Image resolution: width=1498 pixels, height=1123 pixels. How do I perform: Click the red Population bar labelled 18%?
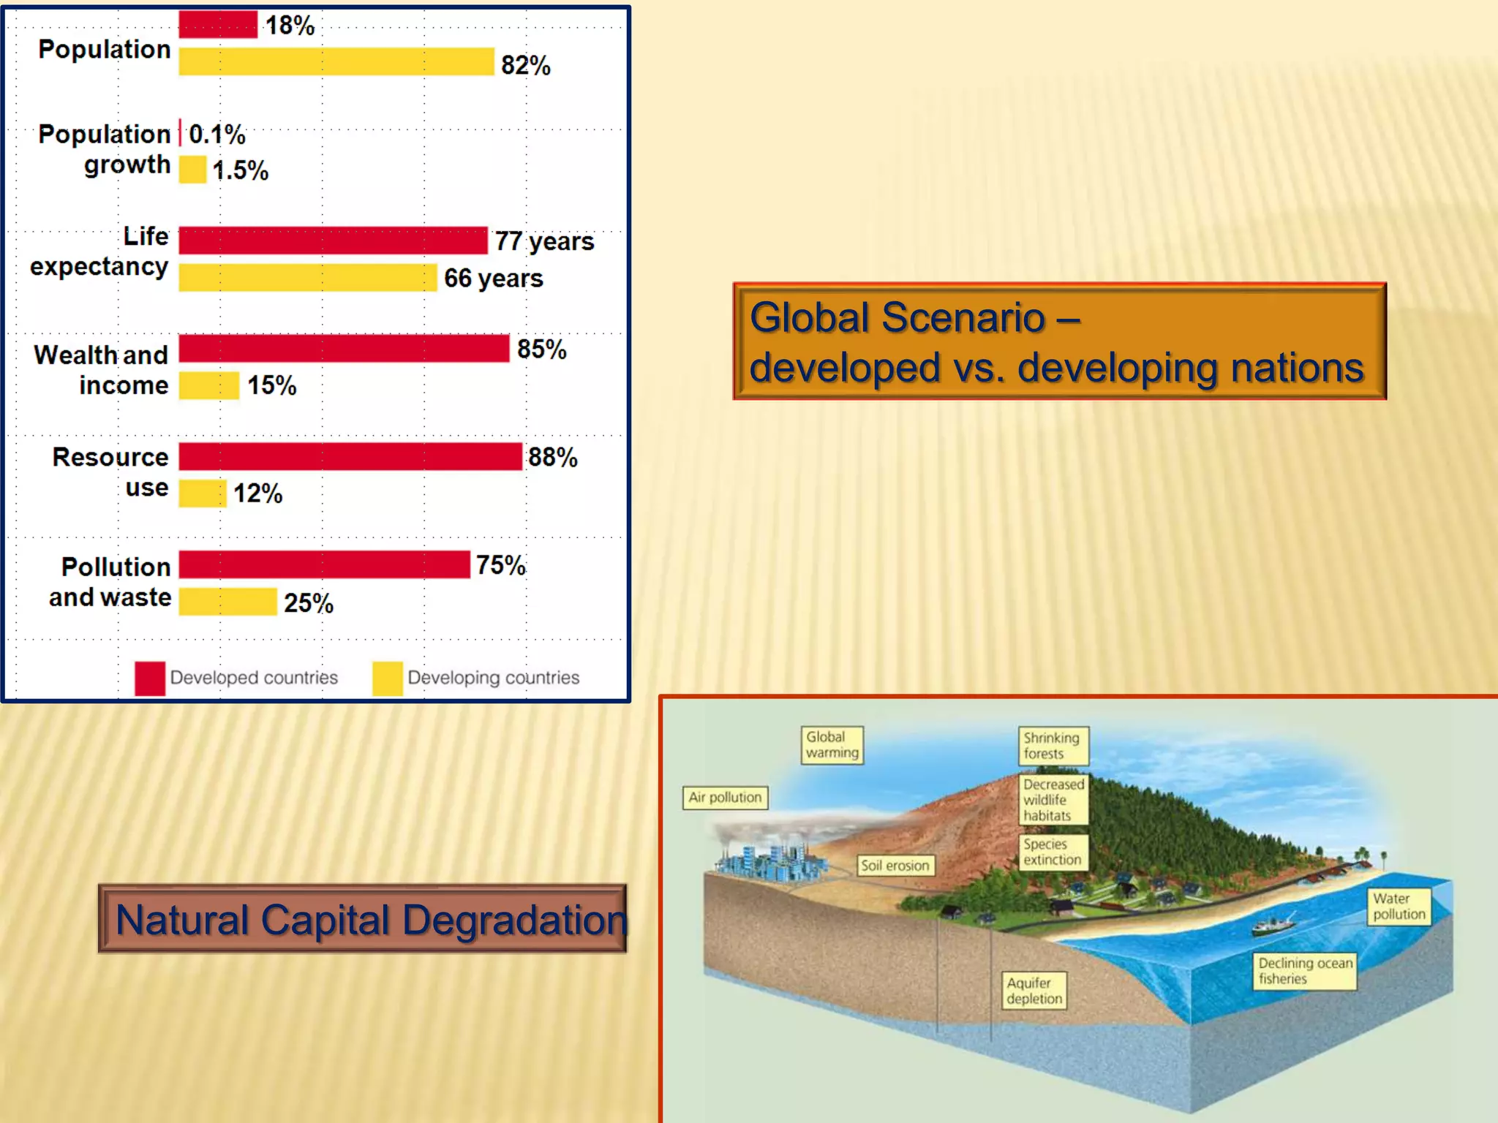(x=218, y=25)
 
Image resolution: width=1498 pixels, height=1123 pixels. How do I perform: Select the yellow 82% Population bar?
(x=336, y=62)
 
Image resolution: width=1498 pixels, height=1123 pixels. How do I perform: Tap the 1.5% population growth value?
(x=241, y=170)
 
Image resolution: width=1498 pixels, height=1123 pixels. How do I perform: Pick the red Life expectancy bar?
(x=333, y=241)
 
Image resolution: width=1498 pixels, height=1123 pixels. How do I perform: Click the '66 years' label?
(x=493, y=279)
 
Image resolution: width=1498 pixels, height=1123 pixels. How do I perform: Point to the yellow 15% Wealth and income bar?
(x=209, y=385)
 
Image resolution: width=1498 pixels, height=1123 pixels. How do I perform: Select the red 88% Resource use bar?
(x=350, y=457)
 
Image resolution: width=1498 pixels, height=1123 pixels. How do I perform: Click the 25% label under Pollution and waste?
(x=308, y=603)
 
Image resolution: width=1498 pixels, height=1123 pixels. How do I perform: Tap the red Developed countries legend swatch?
(x=150, y=678)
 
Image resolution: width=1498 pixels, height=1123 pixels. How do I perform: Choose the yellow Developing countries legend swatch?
(x=387, y=678)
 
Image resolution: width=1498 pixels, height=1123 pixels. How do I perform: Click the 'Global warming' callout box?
(x=832, y=745)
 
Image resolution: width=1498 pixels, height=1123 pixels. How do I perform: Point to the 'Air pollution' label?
(x=725, y=797)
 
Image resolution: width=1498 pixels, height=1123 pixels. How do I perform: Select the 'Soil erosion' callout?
(x=895, y=866)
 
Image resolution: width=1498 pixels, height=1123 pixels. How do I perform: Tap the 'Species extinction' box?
(x=1053, y=852)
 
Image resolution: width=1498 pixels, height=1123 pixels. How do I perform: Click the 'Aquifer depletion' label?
(x=1034, y=991)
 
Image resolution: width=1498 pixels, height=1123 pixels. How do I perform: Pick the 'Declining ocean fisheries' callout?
(x=1305, y=971)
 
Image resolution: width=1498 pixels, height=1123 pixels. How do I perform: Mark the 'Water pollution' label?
(x=1399, y=907)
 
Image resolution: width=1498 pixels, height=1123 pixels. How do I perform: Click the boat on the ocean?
(x=1273, y=926)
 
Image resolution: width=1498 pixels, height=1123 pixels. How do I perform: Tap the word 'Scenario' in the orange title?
(x=963, y=318)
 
